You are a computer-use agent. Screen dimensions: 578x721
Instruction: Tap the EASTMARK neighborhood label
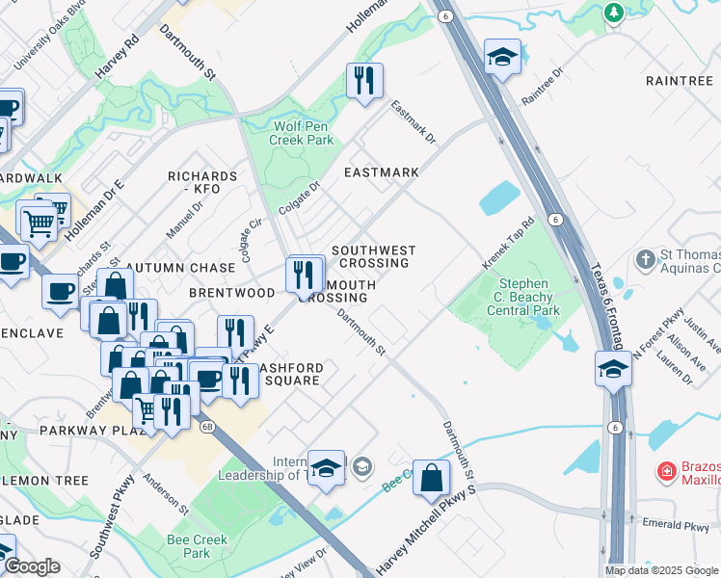[382, 172]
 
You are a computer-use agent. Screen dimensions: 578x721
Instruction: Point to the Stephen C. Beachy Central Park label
[523, 298]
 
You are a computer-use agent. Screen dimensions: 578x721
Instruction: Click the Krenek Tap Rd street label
[508, 246]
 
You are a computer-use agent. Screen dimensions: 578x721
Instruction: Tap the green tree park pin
[613, 13]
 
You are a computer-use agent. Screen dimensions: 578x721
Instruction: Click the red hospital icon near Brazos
[665, 471]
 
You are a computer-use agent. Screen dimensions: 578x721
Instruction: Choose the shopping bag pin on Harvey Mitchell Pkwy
[431, 476]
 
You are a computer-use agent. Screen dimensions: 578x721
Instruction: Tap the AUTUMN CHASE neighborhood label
[180, 267]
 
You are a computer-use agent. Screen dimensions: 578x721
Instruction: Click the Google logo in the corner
[33, 566]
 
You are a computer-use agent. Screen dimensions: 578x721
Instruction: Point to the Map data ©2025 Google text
[661, 570]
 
